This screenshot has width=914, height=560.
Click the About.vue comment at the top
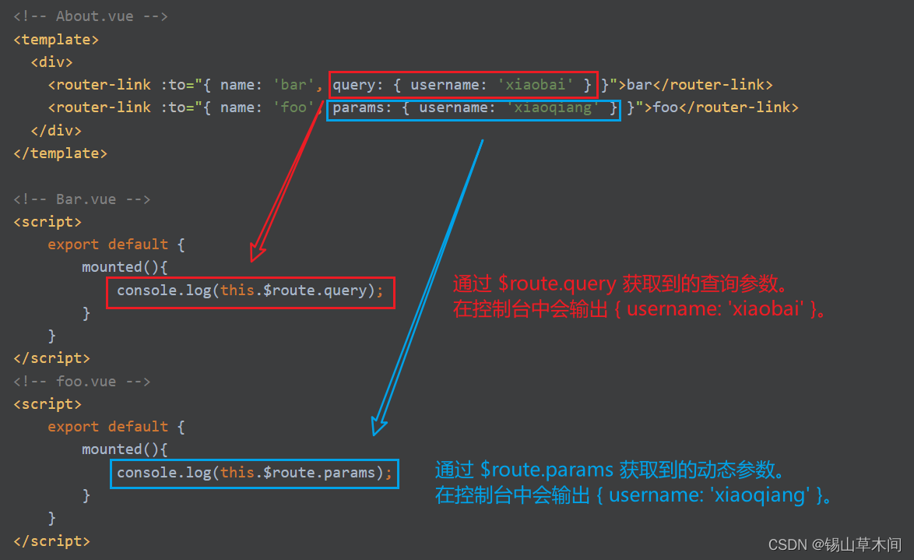click(x=90, y=16)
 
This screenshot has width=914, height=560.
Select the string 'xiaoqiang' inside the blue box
click(x=553, y=107)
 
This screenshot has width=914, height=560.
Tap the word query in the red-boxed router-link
click(x=353, y=85)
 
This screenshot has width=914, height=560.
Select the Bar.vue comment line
click(x=82, y=199)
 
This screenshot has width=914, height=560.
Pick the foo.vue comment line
click(x=82, y=382)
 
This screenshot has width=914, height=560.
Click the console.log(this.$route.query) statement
click(x=250, y=291)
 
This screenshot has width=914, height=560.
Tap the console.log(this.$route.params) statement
click(x=254, y=473)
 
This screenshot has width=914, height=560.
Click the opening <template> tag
click(x=56, y=39)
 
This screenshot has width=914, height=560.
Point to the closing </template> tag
click(x=60, y=153)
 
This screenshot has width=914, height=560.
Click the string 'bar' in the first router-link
click(x=289, y=85)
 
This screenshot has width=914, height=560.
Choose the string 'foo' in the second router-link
click(x=294, y=107)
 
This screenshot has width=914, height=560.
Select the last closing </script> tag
click(x=51, y=541)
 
